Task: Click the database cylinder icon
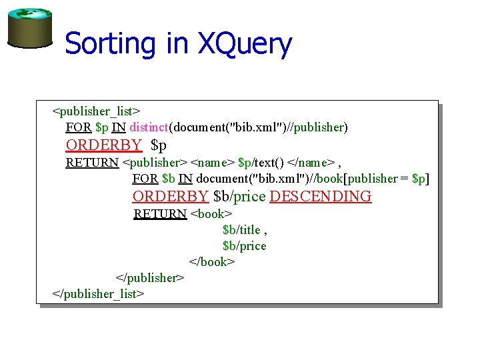(x=29, y=27)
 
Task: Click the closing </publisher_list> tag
(x=98, y=293)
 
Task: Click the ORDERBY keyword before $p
(x=103, y=145)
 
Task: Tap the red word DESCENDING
(x=321, y=196)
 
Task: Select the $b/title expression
(x=241, y=230)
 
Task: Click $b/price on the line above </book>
(x=244, y=246)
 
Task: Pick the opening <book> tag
(x=211, y=214)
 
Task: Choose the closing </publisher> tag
(x=150, y=277)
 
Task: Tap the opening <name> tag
(x=213, y=162)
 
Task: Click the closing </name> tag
(x=311, y=162)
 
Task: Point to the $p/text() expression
(x=261, y=162)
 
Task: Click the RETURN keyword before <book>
(x=160, y=214)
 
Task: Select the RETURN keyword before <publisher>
(x=92, y=162)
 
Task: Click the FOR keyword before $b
(x=145, y=179)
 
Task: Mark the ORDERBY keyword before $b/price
(x=170, y=196)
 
